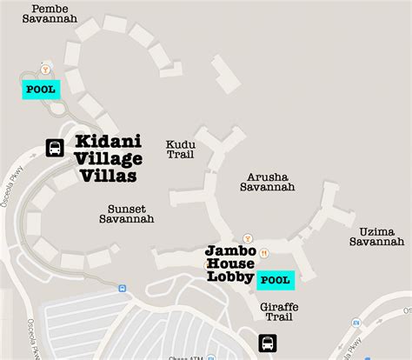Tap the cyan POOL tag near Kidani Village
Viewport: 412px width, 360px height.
41,89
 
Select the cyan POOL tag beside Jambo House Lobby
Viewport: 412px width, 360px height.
275,279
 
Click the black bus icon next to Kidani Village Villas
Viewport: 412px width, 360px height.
54,148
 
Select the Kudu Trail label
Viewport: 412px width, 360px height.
180,150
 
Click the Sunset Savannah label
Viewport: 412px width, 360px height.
130,214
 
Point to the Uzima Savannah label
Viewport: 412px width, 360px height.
376,236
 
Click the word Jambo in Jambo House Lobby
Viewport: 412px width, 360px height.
224,250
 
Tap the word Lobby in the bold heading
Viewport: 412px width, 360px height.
229,277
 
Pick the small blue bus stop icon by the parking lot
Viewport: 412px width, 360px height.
122,288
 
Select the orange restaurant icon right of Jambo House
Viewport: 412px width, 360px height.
263,253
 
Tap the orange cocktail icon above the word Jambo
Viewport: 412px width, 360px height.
249,237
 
